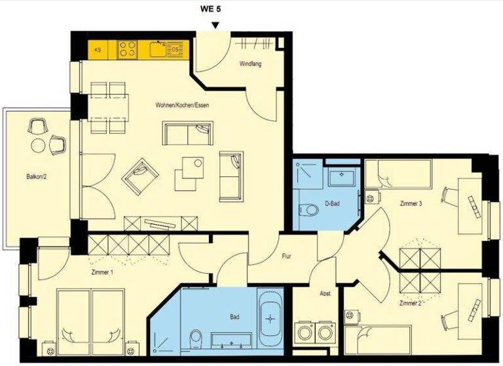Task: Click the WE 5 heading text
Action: (x=215, y=9)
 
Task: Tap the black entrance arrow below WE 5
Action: (x=215, y=25)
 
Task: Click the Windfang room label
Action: (x=251, y=63)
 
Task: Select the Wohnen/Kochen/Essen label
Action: (x=182, y=106)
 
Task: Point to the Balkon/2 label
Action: (x=37, y=176)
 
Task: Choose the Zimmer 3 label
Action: (x=411, y=204)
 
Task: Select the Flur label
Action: (x=286, y=256)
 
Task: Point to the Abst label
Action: (x=325, y=294)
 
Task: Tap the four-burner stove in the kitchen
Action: (x=127, y=49)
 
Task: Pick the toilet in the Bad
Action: (x=195, y=339)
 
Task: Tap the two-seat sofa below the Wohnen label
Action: (x=188, y=135)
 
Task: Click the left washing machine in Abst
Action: (x=305, y=331)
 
